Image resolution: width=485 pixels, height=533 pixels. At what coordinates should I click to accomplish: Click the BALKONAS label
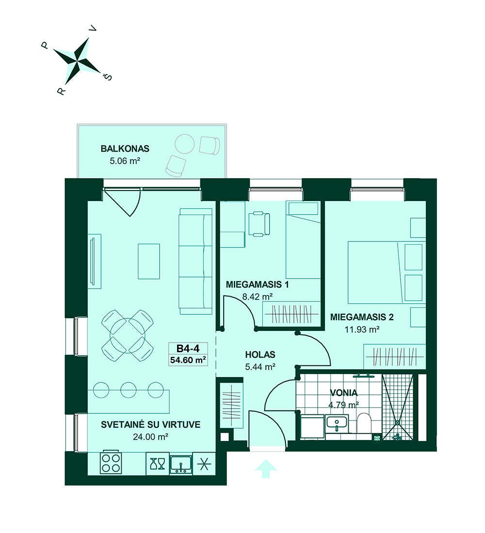125,149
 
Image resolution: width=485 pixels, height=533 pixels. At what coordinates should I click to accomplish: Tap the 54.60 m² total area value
188,360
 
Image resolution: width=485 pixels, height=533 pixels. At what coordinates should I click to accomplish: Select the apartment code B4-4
188,348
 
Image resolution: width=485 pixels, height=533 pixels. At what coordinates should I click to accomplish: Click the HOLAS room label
260,355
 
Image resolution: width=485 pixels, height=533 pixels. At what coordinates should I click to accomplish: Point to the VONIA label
344,393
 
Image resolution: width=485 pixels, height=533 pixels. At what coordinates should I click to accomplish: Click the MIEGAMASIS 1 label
258,284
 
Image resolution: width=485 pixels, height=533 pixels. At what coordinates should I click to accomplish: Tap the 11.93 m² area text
362,329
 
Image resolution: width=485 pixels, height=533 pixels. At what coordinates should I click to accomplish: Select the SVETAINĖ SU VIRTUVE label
150,424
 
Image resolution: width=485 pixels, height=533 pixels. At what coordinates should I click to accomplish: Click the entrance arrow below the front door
266,469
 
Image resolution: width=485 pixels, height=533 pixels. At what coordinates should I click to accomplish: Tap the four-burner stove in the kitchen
111,463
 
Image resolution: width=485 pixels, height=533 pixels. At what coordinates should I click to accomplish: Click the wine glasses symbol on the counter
157,463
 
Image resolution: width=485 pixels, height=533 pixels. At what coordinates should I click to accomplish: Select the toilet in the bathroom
363,423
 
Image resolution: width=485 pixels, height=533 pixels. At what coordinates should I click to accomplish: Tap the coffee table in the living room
149,261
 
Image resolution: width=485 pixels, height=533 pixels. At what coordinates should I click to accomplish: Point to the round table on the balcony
184,144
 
